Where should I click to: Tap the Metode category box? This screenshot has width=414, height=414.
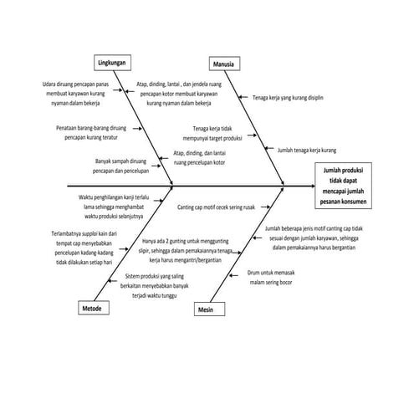[x=92, y=309]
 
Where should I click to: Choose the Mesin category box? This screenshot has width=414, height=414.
[x=207, y=309]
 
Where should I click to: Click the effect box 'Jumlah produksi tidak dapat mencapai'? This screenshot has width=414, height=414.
[x=349, y=185]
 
